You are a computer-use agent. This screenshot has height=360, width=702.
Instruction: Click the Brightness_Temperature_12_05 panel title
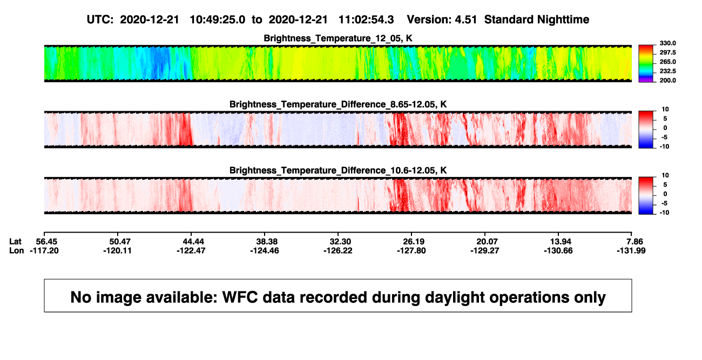tap(338, 38)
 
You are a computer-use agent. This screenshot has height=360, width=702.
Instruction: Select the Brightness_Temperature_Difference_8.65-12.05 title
tap(338, 104)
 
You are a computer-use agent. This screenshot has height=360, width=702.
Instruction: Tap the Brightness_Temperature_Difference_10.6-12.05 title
tap(338, 171)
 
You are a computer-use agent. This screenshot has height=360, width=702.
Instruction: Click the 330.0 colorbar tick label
tap(667, 43)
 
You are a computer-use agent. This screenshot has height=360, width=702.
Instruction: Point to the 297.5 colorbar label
tap(667, 52)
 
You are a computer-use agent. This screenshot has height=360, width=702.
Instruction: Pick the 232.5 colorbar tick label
tap(667, 71)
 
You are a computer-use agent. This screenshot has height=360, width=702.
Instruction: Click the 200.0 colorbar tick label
tap(667, 80)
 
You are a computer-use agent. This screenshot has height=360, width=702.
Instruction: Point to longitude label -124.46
tap(265, 250)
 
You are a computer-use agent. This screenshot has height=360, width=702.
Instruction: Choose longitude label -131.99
tap(631, 250)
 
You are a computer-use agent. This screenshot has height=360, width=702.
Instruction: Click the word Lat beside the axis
tap(15, 242)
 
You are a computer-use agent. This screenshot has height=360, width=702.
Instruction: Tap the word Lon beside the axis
tap(17, 250)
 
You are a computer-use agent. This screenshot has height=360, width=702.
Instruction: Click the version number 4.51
tap(465, 19)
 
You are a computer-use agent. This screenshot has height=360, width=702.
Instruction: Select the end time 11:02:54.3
tap(366, 19)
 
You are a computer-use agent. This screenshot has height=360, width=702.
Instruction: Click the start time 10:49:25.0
tap(218, 19)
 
